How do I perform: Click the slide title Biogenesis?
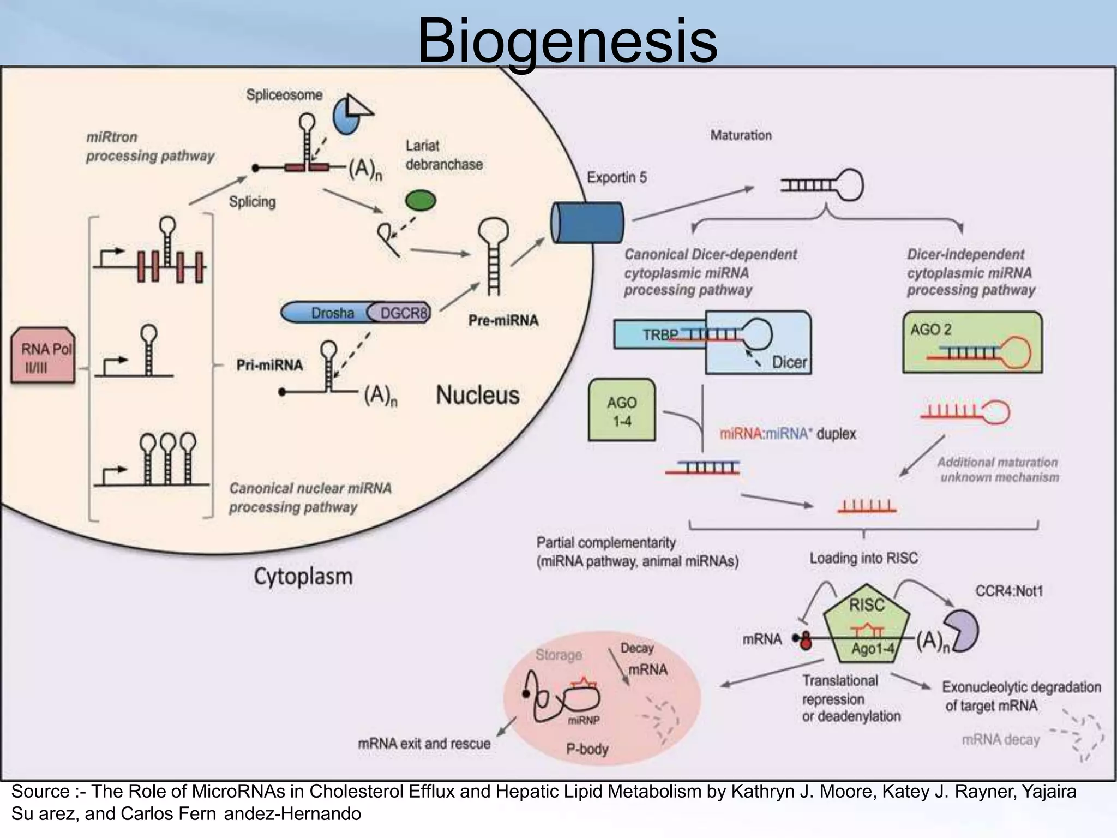(x=567, y=41)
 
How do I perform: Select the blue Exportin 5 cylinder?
(x=587, y=223)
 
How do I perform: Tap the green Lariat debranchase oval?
(x=421, y=201)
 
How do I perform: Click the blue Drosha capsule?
(x=327, y=313)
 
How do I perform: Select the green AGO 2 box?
(x=972, y=342)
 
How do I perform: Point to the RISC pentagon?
(x=867, y=627)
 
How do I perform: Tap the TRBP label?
(x=659, y=334)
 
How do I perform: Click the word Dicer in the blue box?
(x=789, y=362)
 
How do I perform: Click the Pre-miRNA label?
(x=503, y=320)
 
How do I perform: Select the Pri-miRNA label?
(x=269, y=364)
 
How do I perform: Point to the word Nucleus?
(x=477, y=395)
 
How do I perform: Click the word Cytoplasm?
(x=303, y=576)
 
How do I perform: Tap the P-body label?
(x=587, y=749)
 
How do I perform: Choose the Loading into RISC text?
(x=863, y=558)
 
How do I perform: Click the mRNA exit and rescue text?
(x=424, y=744)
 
